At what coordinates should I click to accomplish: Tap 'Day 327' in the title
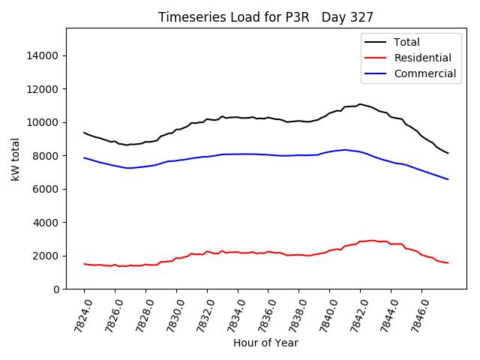[348, 16]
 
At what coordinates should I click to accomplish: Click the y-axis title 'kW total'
[16, 159]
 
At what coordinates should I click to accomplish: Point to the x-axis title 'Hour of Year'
[265, 343]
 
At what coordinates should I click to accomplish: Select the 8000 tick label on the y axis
[47, 156]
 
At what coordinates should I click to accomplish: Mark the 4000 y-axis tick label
[47, 223]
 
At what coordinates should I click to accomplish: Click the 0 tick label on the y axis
[57, 289]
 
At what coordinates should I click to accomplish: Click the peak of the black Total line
[360, 104]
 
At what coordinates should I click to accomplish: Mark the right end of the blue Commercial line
[448, 179]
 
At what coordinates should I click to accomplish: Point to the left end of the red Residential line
[84, 263]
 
